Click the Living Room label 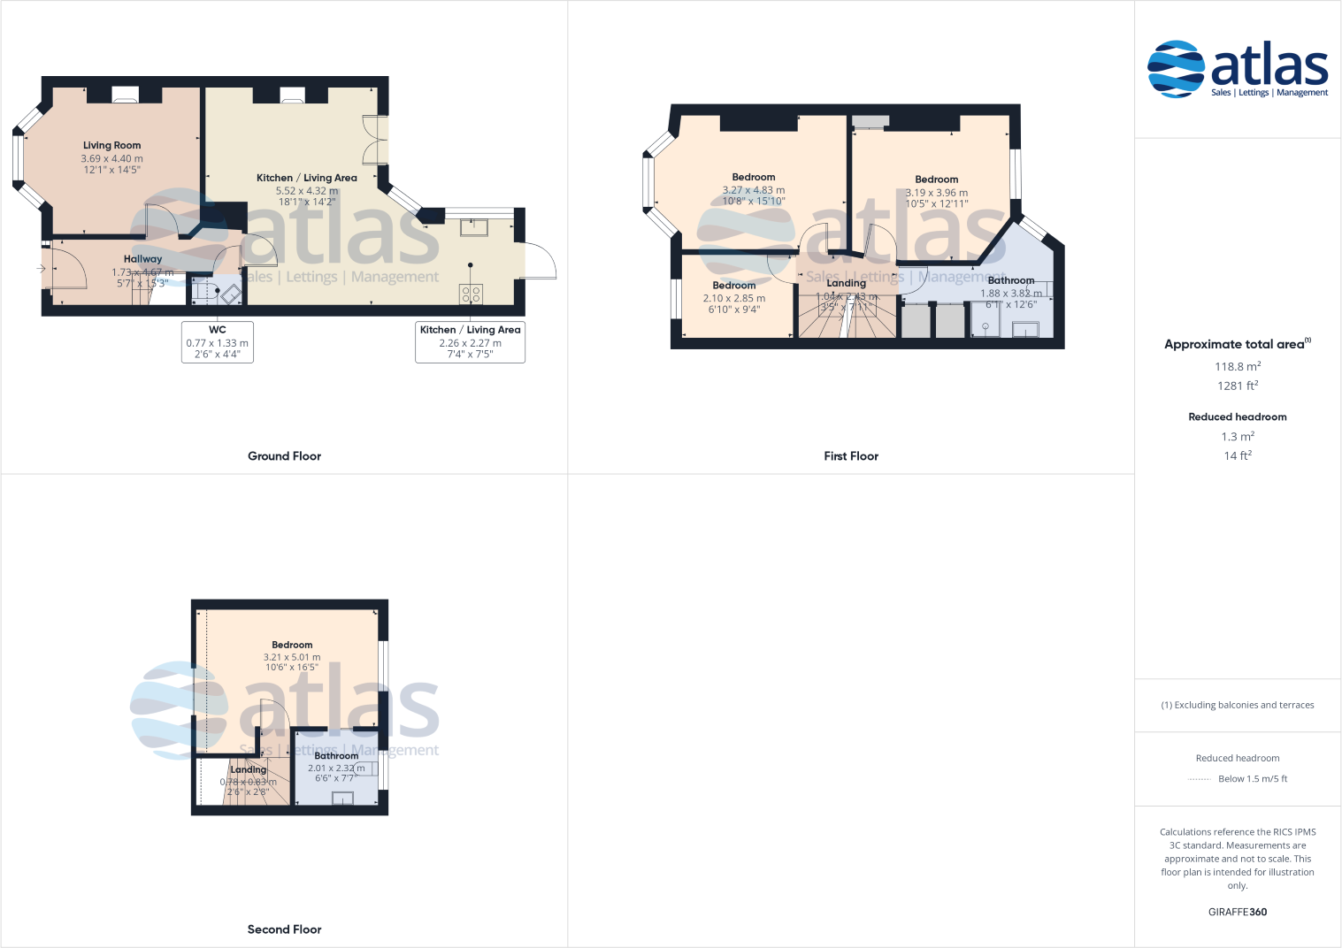coord(111,145)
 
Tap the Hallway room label coord(142,259)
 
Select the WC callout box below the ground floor coord(218,341)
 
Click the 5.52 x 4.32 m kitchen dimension coord(307,190)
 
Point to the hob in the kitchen coord(471,294)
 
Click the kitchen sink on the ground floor coord(474,227)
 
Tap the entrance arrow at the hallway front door coord(41,268)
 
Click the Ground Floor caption coord(284,456)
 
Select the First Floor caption coord(851,456)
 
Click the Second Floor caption coord(284,929)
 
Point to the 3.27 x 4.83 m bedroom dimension coord(754,190)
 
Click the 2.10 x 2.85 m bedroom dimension coord(734,298)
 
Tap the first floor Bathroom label coord(1011,280)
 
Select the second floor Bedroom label coord(292,645)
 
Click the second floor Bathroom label coord(336,756)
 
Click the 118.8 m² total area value coord(1238,366)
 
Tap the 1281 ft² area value coord(1238,386)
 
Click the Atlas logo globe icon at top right coord(1176,68)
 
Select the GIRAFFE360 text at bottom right coord(1238,912)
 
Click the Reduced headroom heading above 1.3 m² coord(1238,417)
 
